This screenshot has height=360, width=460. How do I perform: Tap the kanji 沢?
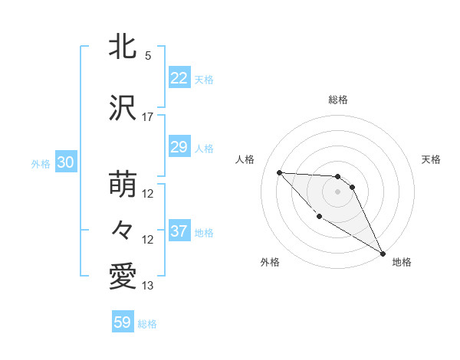tap(123, 108)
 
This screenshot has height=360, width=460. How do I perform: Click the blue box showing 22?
tap(179, 78)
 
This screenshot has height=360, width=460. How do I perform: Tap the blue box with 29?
tap(179, 147)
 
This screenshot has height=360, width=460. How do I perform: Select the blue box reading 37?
tap(179, 231)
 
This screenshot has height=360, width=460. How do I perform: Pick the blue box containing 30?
tap(65, 163)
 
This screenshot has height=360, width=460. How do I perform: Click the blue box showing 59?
tap(123, 322)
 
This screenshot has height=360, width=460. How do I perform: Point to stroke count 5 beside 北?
tap(148, 56)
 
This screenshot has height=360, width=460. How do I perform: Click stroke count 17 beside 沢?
tap(148, 117)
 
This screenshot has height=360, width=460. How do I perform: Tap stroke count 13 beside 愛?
tap(148, 286)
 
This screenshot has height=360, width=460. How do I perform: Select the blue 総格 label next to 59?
tap(147, 324)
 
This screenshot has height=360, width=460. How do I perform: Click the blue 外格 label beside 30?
tap(41, 164)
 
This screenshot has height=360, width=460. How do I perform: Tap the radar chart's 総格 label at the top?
tap(337, 100)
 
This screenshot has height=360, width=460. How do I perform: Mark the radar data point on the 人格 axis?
tap(279, 172)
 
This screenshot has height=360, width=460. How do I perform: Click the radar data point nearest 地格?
tap(383, 254)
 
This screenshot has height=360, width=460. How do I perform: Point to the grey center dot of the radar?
tap(337, 191)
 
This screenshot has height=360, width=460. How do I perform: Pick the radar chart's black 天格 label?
tap(431, 159)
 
